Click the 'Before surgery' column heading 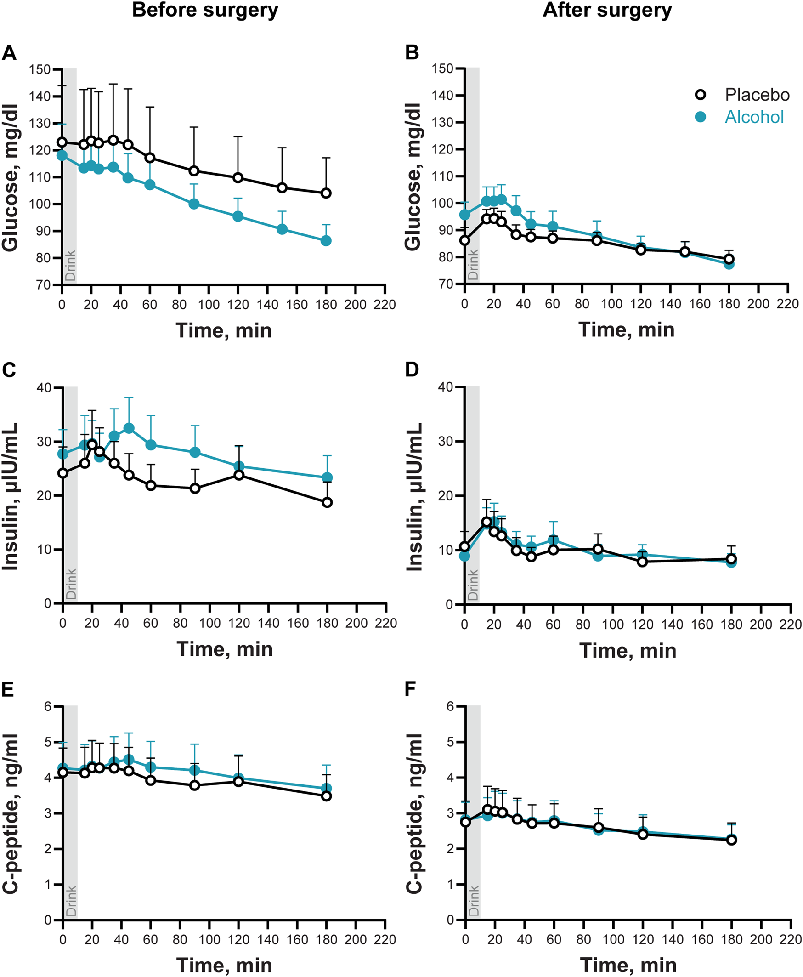pos(205,10)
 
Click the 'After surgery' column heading pos(607,10)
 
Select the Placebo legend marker pos(701,95)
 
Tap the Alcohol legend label pos(754,117)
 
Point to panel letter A pos(9,53)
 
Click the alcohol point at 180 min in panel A pos(326,240)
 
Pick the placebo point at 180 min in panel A pos(326,193)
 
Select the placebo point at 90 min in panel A pos(194,170)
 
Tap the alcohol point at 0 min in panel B pos(465,215)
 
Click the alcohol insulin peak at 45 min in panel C pos(129,428)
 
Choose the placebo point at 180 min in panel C pos(327,502)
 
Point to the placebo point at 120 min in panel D pos(642,562)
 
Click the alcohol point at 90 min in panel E pos(195,770)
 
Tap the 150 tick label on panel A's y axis pos(40,69)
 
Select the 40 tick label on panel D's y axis pos(445,387)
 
